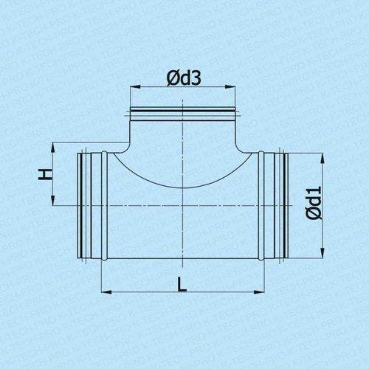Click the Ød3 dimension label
pos(184,78)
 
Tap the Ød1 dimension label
pos(314,203)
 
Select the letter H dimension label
pos(46,175)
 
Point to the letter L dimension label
pos(182,284)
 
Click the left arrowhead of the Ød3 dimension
pos(135,87)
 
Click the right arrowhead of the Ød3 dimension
pos(230,87)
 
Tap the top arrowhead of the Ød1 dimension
pos(323,158)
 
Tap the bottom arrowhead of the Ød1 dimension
pos(323,253)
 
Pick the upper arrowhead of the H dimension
pos(53,148)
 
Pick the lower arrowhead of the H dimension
pos(53,200)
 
